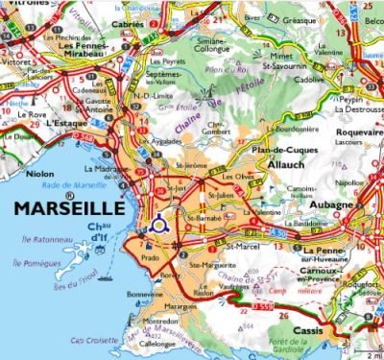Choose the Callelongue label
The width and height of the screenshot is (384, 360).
tap(155, 343)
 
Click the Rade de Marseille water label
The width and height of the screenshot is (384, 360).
tap(71, 185)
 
